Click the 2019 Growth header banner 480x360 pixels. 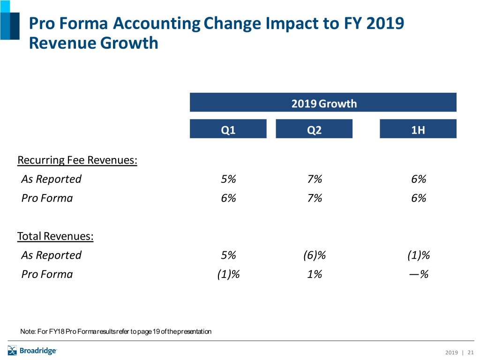coord(323,103)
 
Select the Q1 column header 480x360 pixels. coord(228,129)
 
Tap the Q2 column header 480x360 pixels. coord(314,129)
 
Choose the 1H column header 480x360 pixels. coord(418,129)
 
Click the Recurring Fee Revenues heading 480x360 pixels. coord(77,160)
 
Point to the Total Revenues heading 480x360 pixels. coord(55,236)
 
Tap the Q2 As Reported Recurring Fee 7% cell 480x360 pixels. coord(315,179)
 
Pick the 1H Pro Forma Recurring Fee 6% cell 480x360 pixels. coord(418,198)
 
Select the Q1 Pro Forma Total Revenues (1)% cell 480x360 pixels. coord(228,274)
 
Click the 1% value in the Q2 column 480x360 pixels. coord(315,274)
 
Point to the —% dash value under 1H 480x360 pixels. coord(418,274)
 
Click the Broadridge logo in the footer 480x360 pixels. coord(32,350)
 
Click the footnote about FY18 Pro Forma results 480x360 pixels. coord(116,332)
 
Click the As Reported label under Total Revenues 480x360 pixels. coord(51,255)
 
